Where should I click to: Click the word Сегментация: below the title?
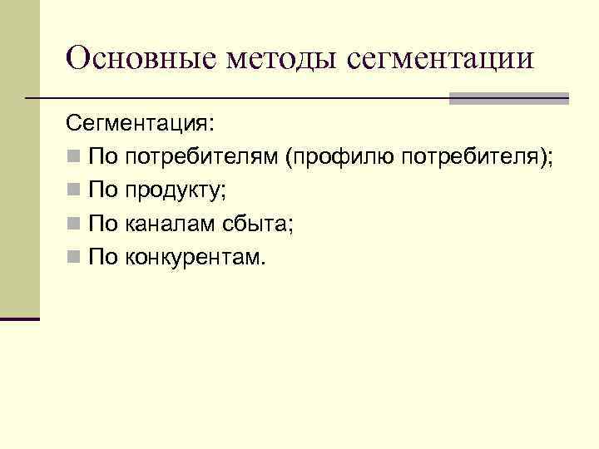[x=140, y=124]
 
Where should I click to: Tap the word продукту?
[x=175, y=191]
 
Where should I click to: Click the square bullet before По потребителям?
[x=73, y=158]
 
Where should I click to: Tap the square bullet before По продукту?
[x=73, y=191]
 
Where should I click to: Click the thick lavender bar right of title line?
[x=508, y=98]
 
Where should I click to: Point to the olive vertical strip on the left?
[x=19, y=158]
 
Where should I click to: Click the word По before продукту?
[x=104, y=191]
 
